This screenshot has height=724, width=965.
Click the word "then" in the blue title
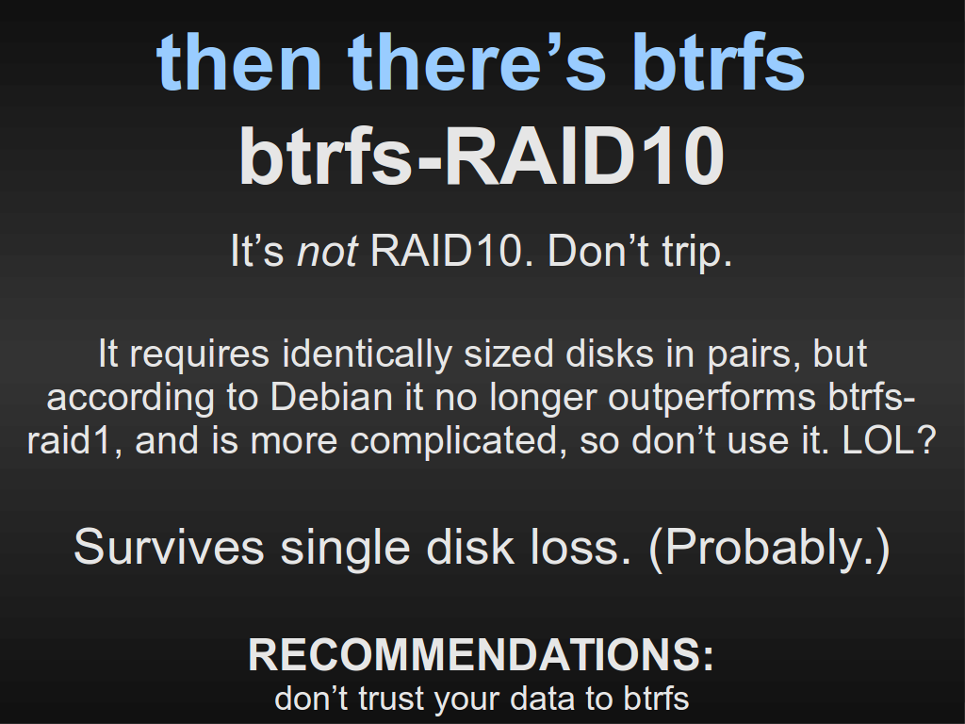tap(239, 61)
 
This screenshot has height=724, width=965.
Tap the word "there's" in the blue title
tap(478, 61)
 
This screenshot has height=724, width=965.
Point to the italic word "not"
tap(327, 251)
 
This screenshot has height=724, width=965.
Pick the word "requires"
tap(200, 355)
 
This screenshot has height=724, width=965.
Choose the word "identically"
tap(368, 355)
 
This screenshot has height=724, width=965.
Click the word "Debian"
tap(332, 397)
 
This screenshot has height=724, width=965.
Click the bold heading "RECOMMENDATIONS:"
tap(482, 654)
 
